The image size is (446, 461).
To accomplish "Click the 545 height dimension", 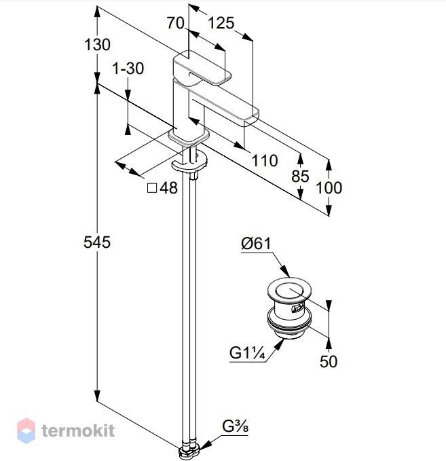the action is click(x=97, y=242).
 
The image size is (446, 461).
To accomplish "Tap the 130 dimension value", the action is click(x=97, y=45).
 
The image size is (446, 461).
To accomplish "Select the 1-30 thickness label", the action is click(x=128, y=68).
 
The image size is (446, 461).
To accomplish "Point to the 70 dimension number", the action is click(x=176, y=22).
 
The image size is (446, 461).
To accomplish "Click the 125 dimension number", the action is click(x=221, y=23).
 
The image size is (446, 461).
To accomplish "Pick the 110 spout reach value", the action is click(x=265, y=160).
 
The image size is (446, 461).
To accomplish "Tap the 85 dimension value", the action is click(x=300, y=176).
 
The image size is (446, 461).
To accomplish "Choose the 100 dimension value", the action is click(x=329, y=187).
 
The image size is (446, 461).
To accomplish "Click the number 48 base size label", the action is click(x=169, y=187).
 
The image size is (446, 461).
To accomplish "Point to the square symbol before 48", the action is click(x=151, y=188).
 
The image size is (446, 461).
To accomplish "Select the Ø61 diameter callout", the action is click(x=256, y=244).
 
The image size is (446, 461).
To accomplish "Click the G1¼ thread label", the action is click(x=247, y=353).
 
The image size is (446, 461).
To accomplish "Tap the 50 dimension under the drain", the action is click(x=329, y=361).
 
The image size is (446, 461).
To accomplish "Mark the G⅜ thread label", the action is click(x=235, y=426).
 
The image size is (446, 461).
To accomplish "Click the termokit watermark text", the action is click(x=78, y=430).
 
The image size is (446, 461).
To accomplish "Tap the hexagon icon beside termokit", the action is click(x=26, y=430).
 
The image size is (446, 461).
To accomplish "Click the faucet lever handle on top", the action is click(x=202, y=69).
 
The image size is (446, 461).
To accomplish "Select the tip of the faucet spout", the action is click(x=251, y=117).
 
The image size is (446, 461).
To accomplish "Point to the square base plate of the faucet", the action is click(x=189, y=136).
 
